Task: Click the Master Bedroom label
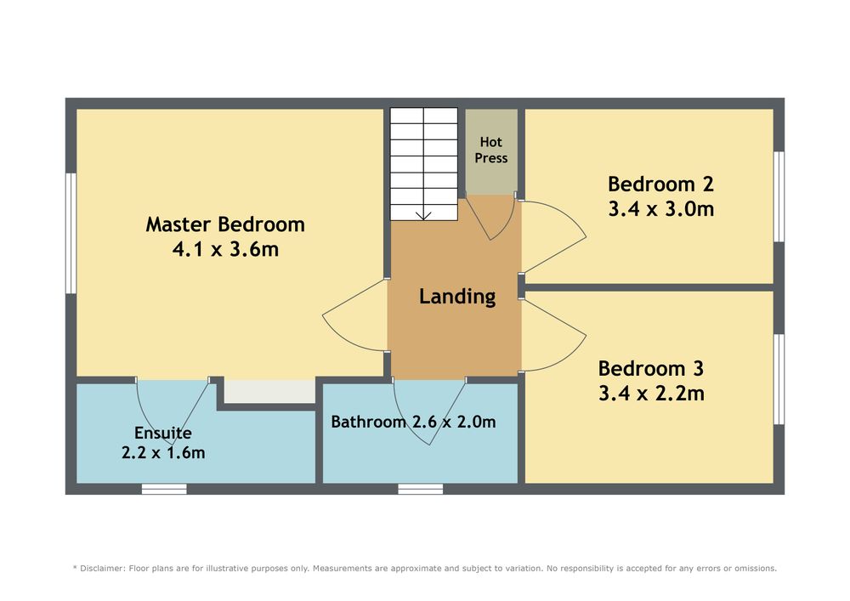click(x=225, y=224)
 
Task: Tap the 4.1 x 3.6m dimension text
click(x=225, y=249)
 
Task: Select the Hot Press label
click(x=491, y=150)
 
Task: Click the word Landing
click(x=457, y=297)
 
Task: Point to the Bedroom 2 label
click(x=660, y=184)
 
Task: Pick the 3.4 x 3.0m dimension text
click(x=660, y=208)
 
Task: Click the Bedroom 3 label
click(x=651, y=369)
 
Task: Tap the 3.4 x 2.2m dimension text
click(x=651, y=393)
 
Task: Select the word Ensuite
click(x=163, y=433)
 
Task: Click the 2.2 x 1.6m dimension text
click(x=163, y=452)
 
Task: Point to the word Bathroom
click(x=369, y=422)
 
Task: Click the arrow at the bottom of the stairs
click(x=424, y=215)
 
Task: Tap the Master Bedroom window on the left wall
click(x=71, y=233)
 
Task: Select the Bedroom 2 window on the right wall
click(x=779, y=196)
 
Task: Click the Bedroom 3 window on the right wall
click(x=779, y=379)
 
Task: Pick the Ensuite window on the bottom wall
click(x=164, y=490)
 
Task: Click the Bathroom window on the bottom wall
click(x=420, y=490)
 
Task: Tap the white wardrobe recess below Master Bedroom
click(x=270, y=391)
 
